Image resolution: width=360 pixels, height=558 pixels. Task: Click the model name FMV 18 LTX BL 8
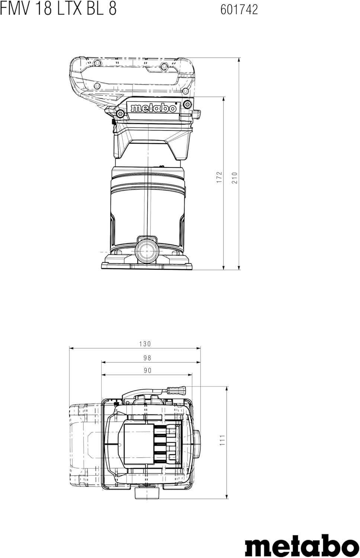point(58,9)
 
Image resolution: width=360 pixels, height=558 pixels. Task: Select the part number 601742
point(239,10)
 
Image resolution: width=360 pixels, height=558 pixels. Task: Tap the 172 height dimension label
point(219,177)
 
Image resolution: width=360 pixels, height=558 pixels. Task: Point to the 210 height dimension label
point(235,178)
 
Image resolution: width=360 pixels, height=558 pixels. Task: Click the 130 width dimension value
point(145,344)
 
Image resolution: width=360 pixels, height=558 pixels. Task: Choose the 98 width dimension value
point(147,358)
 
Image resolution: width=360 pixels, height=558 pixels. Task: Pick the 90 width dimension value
point(147,371)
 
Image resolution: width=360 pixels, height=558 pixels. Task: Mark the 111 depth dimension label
point(222,440)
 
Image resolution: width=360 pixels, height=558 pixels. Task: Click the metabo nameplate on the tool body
point(154,108)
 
